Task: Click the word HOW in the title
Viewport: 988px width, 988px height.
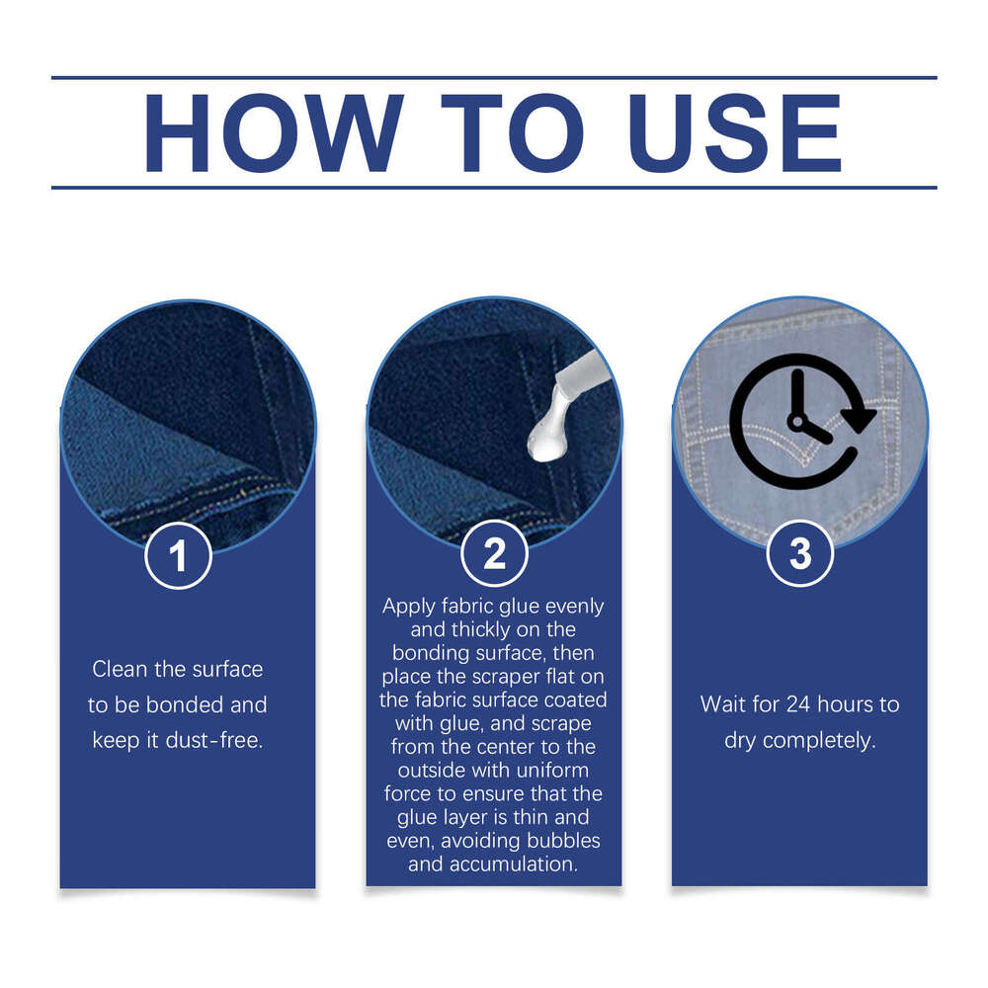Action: [x=274, y=133]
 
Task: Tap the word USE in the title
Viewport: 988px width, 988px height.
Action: [x=735, y=133]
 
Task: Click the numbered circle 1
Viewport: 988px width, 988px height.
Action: [x=178, y=555]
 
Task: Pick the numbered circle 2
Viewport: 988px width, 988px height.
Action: [x=494, y=554]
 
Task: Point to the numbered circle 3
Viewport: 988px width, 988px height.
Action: [x=800, y=554]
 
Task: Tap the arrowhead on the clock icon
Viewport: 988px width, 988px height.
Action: [x=859, y=418]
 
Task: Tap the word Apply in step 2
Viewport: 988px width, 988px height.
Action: [x=408, y=607]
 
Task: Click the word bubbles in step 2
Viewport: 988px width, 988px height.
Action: [x=563, y=841]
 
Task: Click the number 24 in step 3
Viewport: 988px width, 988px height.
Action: [x=799, y=704]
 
